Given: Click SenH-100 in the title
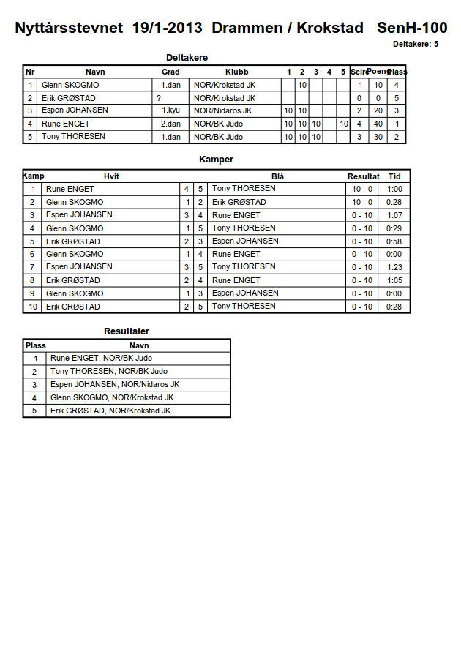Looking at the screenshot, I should click(412, 29).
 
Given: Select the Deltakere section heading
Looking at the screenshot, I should click(187, 57).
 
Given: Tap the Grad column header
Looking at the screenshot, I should click(170, 72).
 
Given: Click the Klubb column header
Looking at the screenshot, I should click(236, 72).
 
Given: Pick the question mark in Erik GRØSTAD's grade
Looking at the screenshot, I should click(159, 98).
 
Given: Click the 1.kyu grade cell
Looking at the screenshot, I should click(170, 110).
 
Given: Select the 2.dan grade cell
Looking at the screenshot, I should click(170, 124).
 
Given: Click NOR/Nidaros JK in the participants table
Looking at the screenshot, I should click(222, 110).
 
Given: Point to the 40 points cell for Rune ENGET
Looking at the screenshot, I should click(378, 124).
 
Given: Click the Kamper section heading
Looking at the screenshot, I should click(216, 159).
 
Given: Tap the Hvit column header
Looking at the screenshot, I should click(111, 176).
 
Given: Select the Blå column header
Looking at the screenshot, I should click(277, 176).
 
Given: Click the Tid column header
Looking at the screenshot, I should click(394, 176).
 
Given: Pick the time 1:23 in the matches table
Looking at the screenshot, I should click(394, 267).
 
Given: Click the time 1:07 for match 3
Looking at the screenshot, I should click(394, 215).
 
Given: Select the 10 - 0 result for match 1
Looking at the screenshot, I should click(362, 189).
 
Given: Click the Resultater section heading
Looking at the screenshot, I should click(127, 331).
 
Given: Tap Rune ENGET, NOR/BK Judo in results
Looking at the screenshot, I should click(101, 359).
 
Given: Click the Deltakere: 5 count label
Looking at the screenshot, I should click(416, 44).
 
